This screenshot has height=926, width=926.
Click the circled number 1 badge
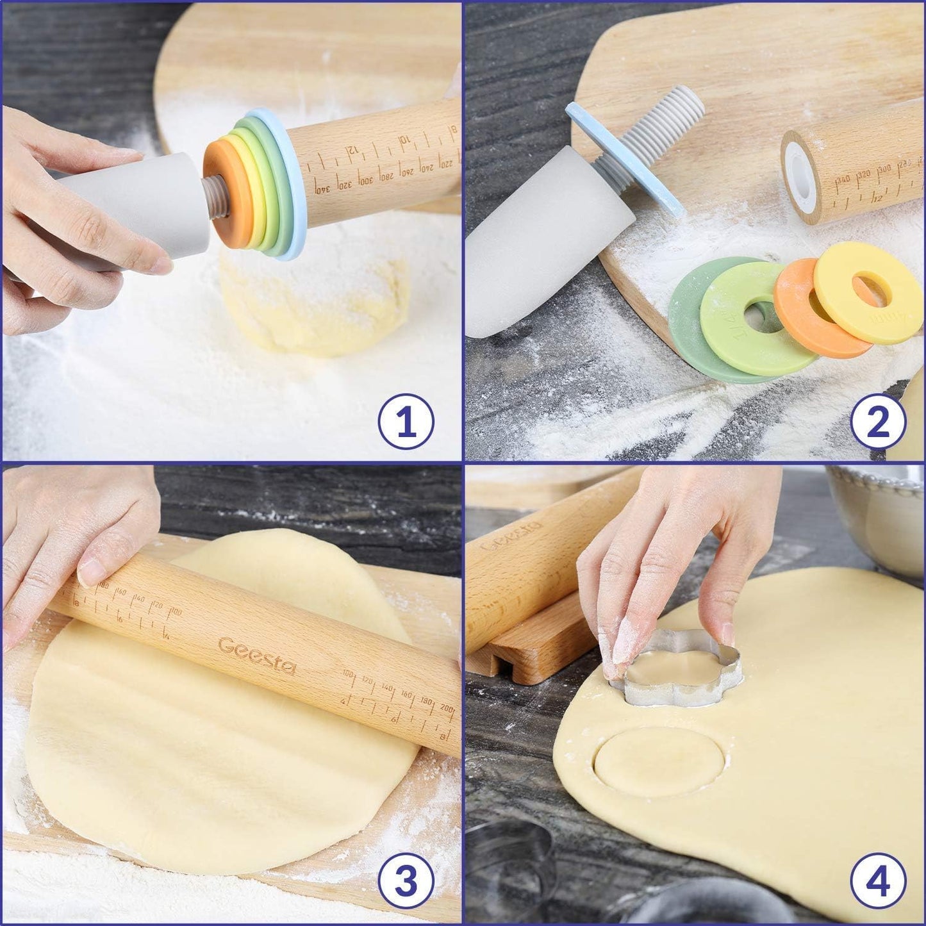[x=406, y=422]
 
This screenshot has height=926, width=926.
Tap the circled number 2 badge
[x=879, y=422]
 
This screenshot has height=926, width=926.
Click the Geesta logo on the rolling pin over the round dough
[x=256, y=656]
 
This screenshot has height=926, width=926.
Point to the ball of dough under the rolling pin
[x=320, y=301]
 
